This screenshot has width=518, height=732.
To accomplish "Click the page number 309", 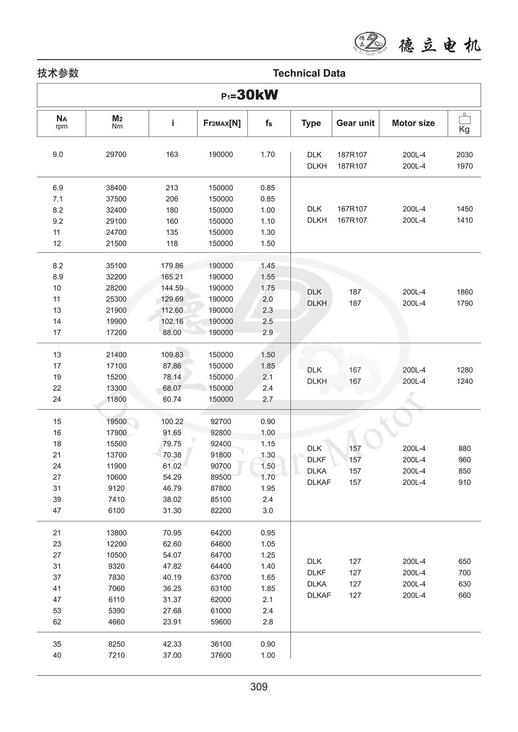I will (x=259, y=687).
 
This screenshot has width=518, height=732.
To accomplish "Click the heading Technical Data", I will (x=309, y=73).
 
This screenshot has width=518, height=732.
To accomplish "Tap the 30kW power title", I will (x=250, y=95).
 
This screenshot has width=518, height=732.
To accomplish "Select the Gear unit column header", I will (x=355, y=123).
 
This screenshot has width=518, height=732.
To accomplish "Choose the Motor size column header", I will (x=413, y=123).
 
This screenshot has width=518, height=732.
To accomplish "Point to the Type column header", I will (x=311, y=123).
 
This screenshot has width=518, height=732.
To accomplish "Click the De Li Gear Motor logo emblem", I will (x=370, y=42).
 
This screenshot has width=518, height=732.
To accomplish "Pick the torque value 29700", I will (x=116, y=154).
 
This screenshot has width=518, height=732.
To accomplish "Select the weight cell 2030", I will (x=464, y=155).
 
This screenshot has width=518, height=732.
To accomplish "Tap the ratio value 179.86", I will (x=172, y=265).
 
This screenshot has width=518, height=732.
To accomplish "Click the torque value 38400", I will (x=116, y=188).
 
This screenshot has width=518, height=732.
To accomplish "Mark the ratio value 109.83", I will (x=172, y=355).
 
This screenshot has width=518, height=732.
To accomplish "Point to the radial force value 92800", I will (x=221, y=433).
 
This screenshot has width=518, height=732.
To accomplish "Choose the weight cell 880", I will (x=464, y=449).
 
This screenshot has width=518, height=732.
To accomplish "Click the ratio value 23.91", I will (x=172, y=622).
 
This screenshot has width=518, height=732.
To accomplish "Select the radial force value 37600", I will (x=221, y=655).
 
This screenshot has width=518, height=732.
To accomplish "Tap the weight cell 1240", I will (x=464, y=381).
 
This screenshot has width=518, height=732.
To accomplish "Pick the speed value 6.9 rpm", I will (x=57, y=188).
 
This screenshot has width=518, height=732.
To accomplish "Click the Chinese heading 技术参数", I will (x=58, y=73).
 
